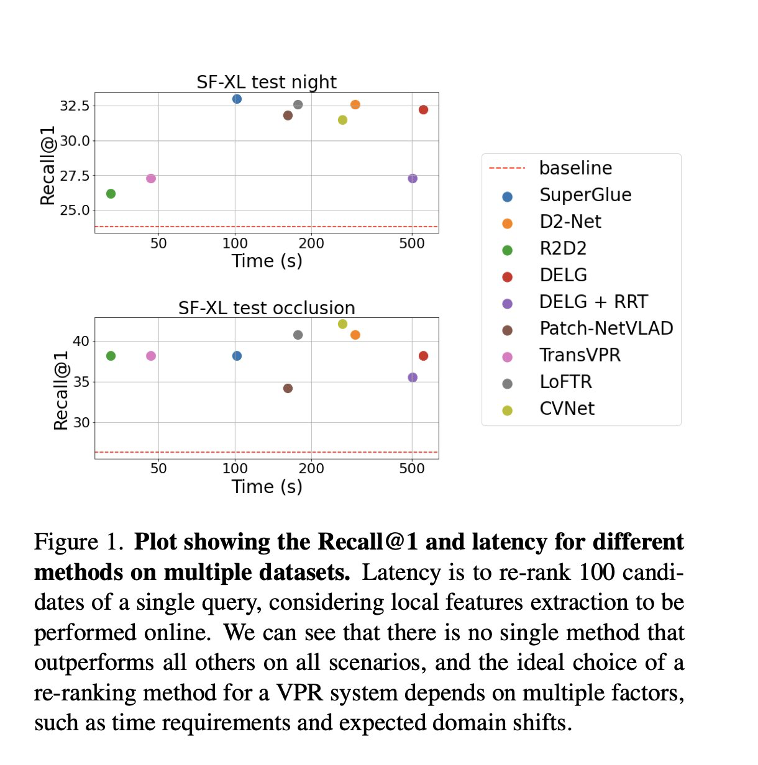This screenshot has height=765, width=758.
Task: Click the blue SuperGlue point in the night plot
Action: [x=237, y=99]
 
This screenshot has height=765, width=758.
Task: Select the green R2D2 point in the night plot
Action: [x=111, y=194]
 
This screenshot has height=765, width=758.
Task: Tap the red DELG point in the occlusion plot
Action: [x=423, y=356]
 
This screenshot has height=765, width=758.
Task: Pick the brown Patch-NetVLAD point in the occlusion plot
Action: [x=288, y=388]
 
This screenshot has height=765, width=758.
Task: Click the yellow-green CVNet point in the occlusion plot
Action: [x=342, y=324]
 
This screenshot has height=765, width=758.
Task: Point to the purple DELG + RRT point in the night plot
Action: [x=413, y=179]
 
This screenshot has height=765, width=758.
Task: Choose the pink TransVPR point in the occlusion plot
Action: [x=151, y=356]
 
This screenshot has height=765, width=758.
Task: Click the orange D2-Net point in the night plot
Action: [x=355, y=104]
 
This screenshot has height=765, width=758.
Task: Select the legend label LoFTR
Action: [x=565, y=382]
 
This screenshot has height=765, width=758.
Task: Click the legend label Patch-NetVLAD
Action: [x=606, y=328]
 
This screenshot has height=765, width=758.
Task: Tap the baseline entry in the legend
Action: [x=575, y=168]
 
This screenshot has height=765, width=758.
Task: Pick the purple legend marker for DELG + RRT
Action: [x=507, y=304]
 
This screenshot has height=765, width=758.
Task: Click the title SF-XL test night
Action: [x=267, y=82]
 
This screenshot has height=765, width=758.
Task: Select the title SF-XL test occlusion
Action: [x=267, y=308]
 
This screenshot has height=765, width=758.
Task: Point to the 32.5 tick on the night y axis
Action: [x=75, y=106]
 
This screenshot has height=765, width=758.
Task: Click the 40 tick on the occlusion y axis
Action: [x=81, y=341]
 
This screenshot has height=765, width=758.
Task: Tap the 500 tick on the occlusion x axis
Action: [x=412, y=469]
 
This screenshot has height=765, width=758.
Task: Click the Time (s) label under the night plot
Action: [x=267, y=261]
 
